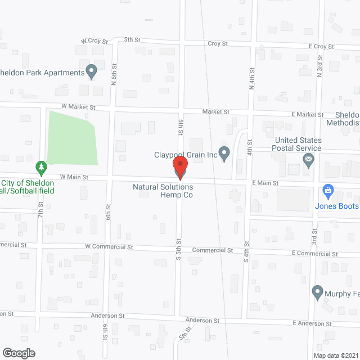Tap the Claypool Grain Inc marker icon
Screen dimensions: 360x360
pos(224,153)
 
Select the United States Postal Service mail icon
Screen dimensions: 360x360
pos(308,161)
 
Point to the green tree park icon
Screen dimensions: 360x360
pos(40,167)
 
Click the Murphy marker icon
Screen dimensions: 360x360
pos(317,292)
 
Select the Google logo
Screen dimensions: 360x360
pos(18,353)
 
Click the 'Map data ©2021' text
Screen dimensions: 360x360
pos(335,355)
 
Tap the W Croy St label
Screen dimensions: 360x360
pos(93,41)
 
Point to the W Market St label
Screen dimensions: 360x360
pos(79,107)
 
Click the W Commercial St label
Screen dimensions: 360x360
pos(109,247)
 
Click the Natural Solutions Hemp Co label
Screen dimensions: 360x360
pos(163,191)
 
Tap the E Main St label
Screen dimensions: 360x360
pos(265,183)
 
